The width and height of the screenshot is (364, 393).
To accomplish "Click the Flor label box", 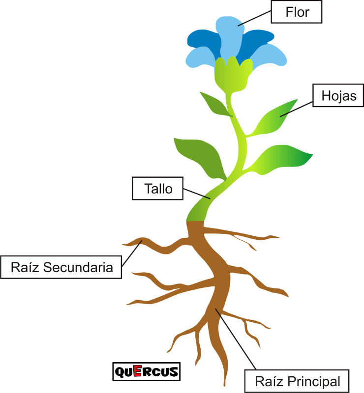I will tap(297, 12).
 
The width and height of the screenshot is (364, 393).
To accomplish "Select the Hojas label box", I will tap(338, 95).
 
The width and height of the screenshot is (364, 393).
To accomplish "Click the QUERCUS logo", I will tap(147, 371).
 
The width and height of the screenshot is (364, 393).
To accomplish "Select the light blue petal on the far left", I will tap(200, 56).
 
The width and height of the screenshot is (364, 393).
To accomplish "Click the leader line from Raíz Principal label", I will tap(236, 339).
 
